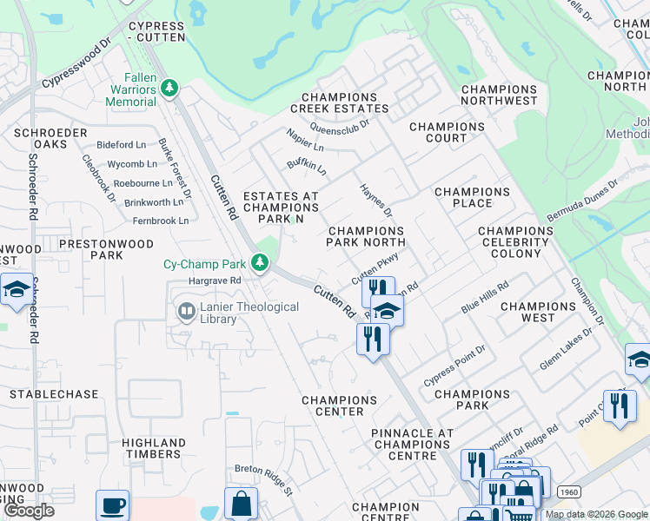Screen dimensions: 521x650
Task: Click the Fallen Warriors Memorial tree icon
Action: [169, 88]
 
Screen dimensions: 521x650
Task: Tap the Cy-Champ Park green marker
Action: [259, 262]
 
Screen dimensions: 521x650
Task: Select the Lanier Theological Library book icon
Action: [186, 311]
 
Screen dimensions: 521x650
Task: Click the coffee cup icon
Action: [112, 505]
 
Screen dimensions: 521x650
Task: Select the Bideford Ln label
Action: [122, 145]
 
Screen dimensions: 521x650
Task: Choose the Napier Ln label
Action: [305, 140]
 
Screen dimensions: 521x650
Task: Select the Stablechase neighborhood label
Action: [54, 394]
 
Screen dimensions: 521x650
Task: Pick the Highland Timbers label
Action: [154, 449]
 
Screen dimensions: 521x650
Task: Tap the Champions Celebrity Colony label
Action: [515, 242]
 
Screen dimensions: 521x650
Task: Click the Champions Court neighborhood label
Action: [447, 132]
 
